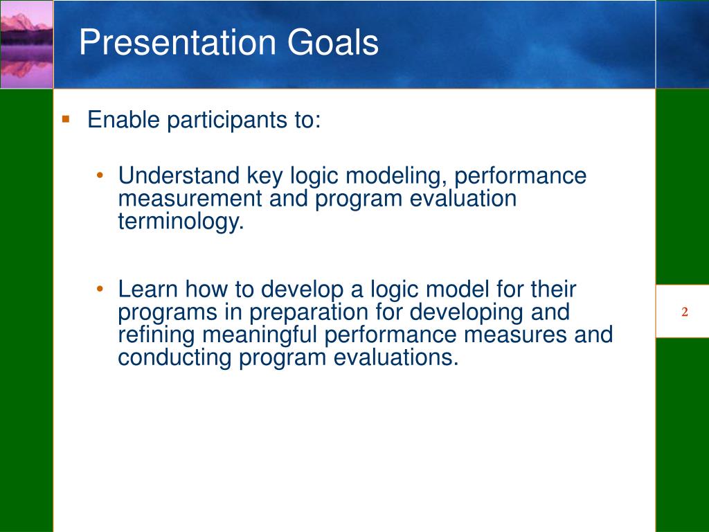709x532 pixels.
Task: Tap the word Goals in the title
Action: [333, 42]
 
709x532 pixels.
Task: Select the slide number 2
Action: [685, 312]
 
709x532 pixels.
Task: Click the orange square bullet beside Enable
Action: [66, 119]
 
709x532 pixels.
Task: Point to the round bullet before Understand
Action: [100, 175]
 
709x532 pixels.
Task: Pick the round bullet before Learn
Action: [100, 289]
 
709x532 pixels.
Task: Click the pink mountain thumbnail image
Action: [27, 44]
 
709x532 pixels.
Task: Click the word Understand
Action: [179, 175]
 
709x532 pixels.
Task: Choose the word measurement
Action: [190, 199]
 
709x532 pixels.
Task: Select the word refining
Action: [156, 335]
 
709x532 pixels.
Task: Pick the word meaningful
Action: [260, 335]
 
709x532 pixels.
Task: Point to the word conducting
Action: [174, 358]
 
